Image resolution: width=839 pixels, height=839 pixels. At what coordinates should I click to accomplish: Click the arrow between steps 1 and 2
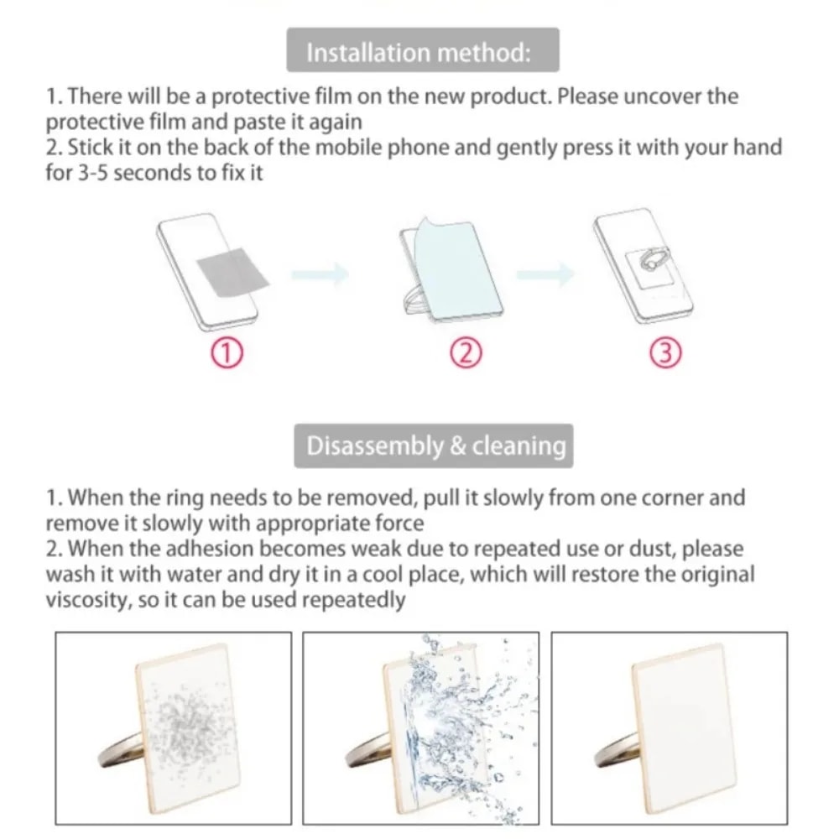click(x=320, y=274)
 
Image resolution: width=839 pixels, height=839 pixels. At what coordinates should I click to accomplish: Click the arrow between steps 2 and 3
click(x=546, y=274)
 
